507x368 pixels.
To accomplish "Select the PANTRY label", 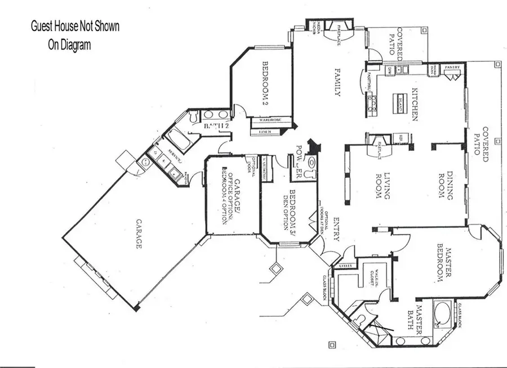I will (x=453, y=68).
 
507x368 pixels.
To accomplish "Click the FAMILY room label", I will (x=337, y=83).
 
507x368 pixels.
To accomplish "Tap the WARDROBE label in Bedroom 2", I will (x=270, y=120).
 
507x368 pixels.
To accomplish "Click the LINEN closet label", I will (x=266, y=132).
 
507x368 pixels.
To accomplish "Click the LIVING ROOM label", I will (x=383, y=186).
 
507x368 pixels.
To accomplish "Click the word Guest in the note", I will (x=43, y=26).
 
